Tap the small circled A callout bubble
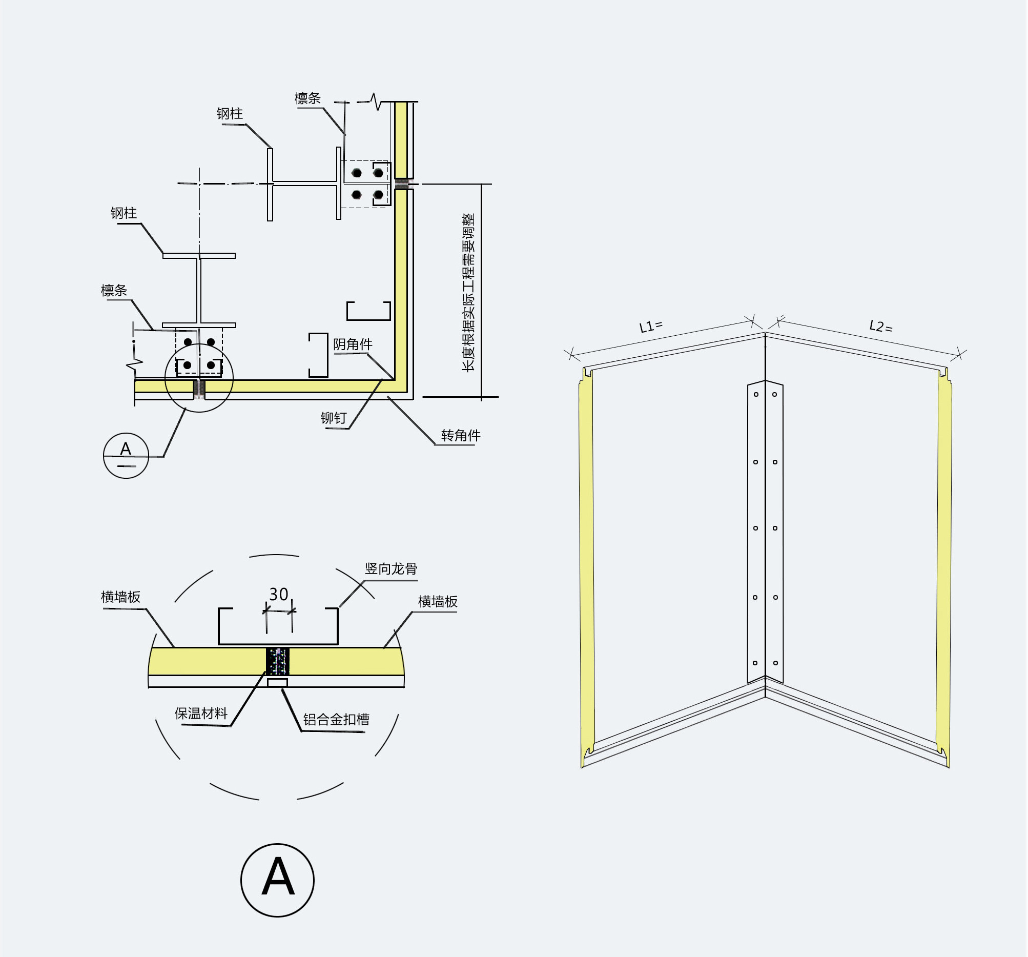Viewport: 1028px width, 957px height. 126,455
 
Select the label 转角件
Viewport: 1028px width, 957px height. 460,436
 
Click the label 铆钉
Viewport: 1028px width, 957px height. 334,418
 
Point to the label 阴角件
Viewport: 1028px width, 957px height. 353,344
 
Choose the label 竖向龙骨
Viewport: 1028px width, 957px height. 391,569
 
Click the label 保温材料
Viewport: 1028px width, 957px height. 201,714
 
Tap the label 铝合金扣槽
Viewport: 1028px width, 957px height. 336,720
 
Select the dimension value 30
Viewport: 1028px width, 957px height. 279,595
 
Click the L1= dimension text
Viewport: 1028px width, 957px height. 650,327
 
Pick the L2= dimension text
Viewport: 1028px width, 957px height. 880,327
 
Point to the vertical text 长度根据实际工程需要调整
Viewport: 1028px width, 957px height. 468,292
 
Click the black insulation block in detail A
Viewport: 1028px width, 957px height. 277,661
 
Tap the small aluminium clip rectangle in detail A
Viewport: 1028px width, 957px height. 277,683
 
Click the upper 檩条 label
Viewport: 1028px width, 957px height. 307,98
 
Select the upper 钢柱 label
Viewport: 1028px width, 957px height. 230,114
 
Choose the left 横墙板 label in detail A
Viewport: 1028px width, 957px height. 120,597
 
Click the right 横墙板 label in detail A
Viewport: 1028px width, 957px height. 438,602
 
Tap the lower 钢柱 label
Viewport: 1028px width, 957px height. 124,213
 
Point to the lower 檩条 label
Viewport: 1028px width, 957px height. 114,290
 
